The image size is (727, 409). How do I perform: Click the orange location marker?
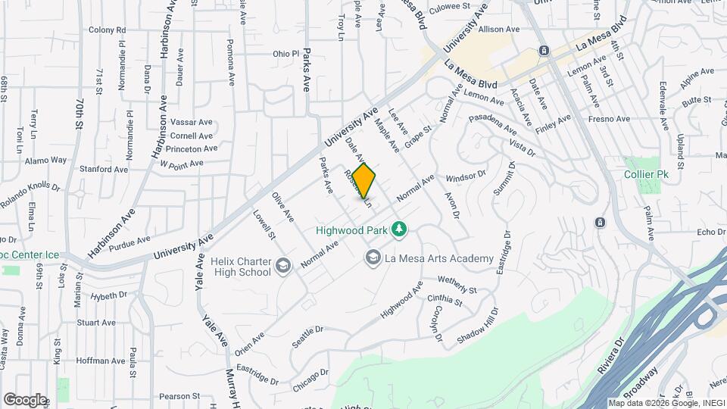coord(364,181)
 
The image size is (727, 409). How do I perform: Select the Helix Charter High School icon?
coord(282,265)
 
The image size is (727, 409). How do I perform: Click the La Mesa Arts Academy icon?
coord(373,259)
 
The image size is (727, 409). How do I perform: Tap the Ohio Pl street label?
coord(286,54)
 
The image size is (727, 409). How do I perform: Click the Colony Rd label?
coord(107,30)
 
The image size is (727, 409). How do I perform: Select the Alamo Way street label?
coord(45,161)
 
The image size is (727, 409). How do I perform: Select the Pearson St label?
coord(179,395)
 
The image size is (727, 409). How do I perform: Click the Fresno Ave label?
coord(612,119)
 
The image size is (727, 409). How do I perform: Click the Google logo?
coord(24,399)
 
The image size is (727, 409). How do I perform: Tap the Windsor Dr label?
coord(466,175)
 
